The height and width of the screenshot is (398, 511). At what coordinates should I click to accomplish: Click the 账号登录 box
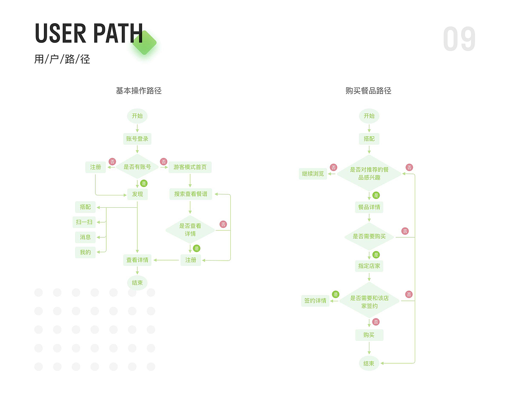point(137,139)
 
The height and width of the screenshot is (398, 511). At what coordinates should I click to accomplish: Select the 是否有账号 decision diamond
point(137,167)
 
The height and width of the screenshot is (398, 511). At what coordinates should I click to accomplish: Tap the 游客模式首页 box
point(190,167)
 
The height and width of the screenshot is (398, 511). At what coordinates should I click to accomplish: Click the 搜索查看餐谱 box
point(190,194)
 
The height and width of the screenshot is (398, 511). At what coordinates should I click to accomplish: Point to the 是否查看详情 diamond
point(190,230)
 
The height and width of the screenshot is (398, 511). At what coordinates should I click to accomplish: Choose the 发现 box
point(137,194)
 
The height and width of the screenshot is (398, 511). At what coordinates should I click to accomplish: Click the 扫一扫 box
point(84,222)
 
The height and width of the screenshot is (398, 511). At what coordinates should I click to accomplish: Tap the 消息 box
point(85,237)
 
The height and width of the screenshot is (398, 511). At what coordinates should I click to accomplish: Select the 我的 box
point(85,252)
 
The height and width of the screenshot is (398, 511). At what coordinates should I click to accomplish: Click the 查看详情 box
point(137,260)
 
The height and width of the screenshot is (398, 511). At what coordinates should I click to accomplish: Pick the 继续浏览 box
point(313,174)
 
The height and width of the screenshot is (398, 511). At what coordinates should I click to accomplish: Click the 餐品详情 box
point(369,207)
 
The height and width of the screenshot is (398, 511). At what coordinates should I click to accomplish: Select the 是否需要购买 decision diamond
point(369,237)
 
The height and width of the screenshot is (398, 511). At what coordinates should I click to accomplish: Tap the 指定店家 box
point(369,266)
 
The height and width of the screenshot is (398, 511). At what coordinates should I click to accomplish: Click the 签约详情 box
point(315,300)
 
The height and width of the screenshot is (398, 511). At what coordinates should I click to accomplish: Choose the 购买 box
point(369,335)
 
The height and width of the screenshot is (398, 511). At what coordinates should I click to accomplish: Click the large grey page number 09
point(459,39)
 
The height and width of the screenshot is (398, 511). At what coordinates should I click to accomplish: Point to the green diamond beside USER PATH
point(145,43)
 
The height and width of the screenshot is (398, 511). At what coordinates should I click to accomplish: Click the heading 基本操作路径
point(139,91)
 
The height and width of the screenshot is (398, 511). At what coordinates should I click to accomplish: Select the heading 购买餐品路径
point(368,91)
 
